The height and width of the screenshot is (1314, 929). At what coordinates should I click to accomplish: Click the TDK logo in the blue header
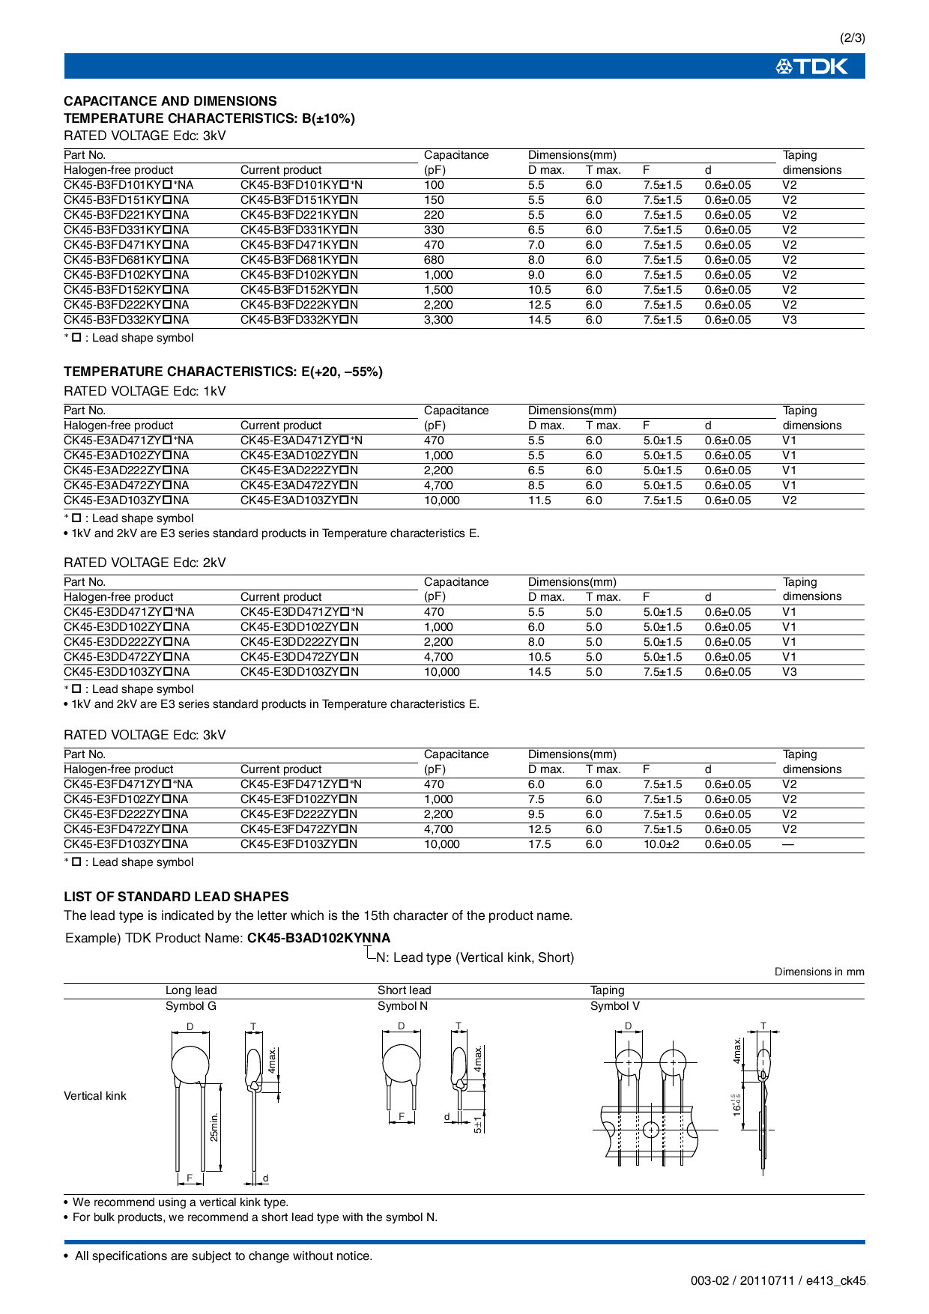[812, 67]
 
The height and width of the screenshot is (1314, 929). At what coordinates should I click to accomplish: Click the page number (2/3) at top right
[852, 38]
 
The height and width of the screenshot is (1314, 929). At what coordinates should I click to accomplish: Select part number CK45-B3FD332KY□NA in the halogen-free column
[126, 320]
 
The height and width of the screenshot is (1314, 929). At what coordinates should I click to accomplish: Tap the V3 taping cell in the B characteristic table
[790, 320]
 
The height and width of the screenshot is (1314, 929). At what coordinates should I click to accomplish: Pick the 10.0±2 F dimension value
[661, 844]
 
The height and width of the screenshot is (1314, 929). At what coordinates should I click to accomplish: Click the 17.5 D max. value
[539, 844]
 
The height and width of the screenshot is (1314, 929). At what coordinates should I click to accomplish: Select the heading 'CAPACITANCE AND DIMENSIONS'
[170, 101]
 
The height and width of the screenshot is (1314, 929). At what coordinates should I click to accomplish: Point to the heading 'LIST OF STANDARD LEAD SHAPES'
[176, 897]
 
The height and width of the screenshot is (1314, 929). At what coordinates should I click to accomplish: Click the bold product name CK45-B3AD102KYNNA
[318, 938]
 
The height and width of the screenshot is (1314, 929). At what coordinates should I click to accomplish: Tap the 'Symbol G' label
[190, 1006]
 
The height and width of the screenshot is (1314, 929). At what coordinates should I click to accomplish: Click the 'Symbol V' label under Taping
[614, 1006]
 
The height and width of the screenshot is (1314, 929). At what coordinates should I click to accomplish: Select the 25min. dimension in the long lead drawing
[214, 1127]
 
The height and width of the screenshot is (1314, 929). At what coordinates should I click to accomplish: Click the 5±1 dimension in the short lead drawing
[478, 1124]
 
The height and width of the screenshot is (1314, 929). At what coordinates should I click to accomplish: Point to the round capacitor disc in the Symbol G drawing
[190, 1064]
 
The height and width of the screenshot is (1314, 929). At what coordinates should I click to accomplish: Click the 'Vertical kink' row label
[95, 1096]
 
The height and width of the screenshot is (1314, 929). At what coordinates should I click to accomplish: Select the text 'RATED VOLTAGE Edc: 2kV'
[145, 563]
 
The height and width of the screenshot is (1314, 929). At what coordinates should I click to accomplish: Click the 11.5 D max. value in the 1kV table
[539, 500]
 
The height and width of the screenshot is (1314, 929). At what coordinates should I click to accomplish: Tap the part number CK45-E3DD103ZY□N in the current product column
[299, 672]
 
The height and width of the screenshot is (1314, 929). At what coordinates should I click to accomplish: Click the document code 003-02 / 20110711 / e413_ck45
[778, 1281]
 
